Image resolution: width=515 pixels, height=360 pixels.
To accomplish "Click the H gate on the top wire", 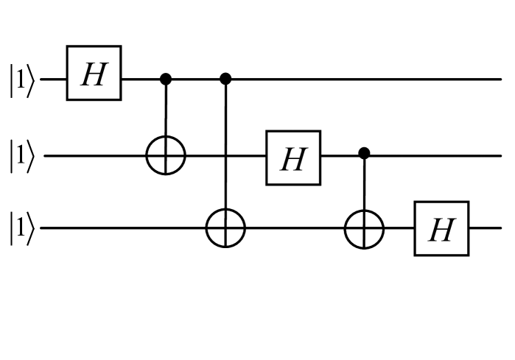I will pyautogui.click(x=94, y=77).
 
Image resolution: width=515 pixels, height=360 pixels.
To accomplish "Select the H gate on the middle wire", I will pyautogui.click(x=293, y=157).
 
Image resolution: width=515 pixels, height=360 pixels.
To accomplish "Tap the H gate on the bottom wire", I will pyautogui.click(x=441, y=229).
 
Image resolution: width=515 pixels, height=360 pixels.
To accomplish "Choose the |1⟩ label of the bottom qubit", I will pyautogui.click(x=21, y=229).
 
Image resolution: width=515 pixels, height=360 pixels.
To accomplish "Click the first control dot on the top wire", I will pyautogui.click(x=166, y=77).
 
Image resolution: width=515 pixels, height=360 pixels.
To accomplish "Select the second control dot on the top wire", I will pyautogui.click(x=225, y=77).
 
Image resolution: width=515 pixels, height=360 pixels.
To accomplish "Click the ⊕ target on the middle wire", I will pyautogui.click(x=166, y=156).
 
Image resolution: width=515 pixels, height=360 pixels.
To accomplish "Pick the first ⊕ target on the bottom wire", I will pyautogui.click(x=225, y=229).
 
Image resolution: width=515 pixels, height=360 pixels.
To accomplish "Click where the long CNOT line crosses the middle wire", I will pyautogui.click(x=225, y=156).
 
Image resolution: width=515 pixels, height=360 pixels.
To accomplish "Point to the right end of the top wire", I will pyautogui.click(x=497, y=77).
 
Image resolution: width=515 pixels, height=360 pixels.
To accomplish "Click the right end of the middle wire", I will pyautogui.click(x=497, y=156).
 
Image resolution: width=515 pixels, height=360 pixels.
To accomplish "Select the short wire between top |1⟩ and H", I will pyautogui.click(x=54, y=77).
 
